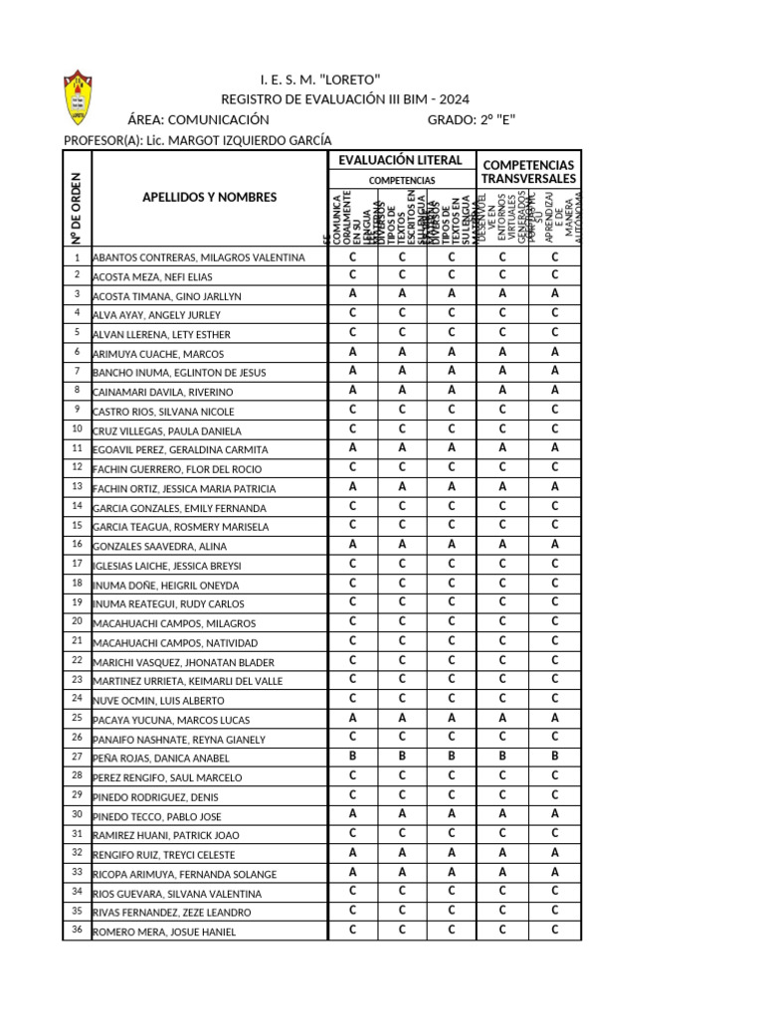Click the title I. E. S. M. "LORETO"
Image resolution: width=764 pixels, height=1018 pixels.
[319, 80]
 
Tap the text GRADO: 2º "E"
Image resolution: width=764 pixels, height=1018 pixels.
[472, 119]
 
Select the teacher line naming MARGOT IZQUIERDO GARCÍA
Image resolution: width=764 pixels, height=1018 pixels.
[197, 140]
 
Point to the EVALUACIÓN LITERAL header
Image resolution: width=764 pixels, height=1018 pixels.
[401, 160]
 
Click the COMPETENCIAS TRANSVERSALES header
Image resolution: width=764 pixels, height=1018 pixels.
[528, 170]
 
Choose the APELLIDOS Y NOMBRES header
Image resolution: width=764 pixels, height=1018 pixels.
[210, 197]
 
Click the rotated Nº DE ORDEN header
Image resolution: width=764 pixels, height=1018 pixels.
[76, 206]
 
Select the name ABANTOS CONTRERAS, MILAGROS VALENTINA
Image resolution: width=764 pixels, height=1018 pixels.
[199, 257]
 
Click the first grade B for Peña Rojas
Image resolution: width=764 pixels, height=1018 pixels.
[352, 757]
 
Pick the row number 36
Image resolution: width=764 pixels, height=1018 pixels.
[77, 930]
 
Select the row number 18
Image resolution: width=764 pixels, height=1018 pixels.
[77, 583]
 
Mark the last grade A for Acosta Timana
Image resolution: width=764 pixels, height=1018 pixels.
[555, 294]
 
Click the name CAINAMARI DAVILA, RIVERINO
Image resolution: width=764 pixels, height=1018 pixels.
[163, 393]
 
